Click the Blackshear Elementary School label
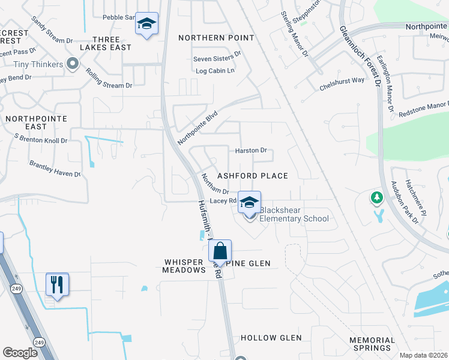click(294, 214)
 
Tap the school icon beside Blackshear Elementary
click(249, 202)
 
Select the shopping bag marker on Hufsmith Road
click(220, 251)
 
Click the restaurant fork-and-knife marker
click(58, 284)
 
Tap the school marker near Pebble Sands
click(146, 24)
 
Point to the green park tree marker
click(376, 197)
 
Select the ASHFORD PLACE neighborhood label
click(252, 176)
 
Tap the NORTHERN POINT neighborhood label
click(216, 38)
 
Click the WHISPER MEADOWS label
click(184, 266)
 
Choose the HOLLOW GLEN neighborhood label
click(271, 338)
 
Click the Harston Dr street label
click(250, 151)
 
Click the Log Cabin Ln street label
click(214, 71)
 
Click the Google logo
click(20, 353)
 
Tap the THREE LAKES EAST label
click(107, 44)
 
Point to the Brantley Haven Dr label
click(55, 169)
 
